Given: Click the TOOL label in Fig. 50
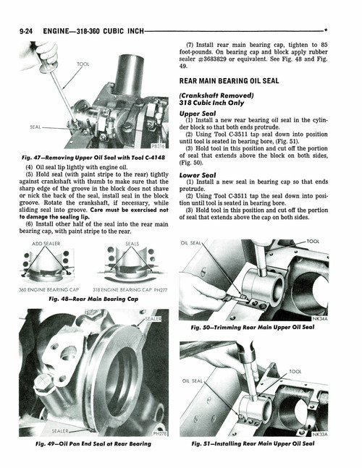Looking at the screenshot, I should pyautogui.click(x=313, y=242).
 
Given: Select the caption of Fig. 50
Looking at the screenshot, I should pyautogui.click(x=253, y=328).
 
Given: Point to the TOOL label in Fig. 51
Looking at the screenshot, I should pyautogui.click(x=295, y=371).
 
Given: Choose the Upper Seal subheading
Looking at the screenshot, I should pyautogui.click(x=198, y=114).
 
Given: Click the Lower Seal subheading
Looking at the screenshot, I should pyautogui.click(x=198, y=175).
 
